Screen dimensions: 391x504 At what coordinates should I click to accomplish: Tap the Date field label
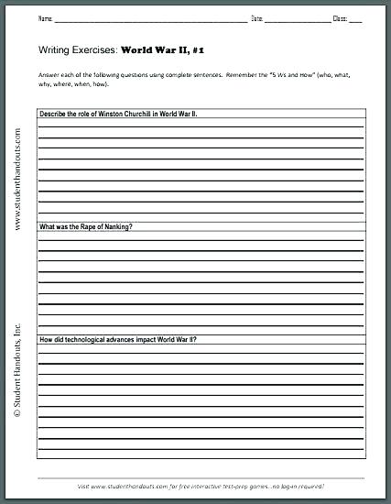click(x=257, y=18)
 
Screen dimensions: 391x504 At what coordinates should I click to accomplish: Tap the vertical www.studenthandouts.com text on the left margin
click(x=17, y=174)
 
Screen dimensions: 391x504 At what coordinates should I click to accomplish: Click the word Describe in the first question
click(x=52, y=114)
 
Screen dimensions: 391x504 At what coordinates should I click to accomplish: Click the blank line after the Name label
click(x=151, y=19)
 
